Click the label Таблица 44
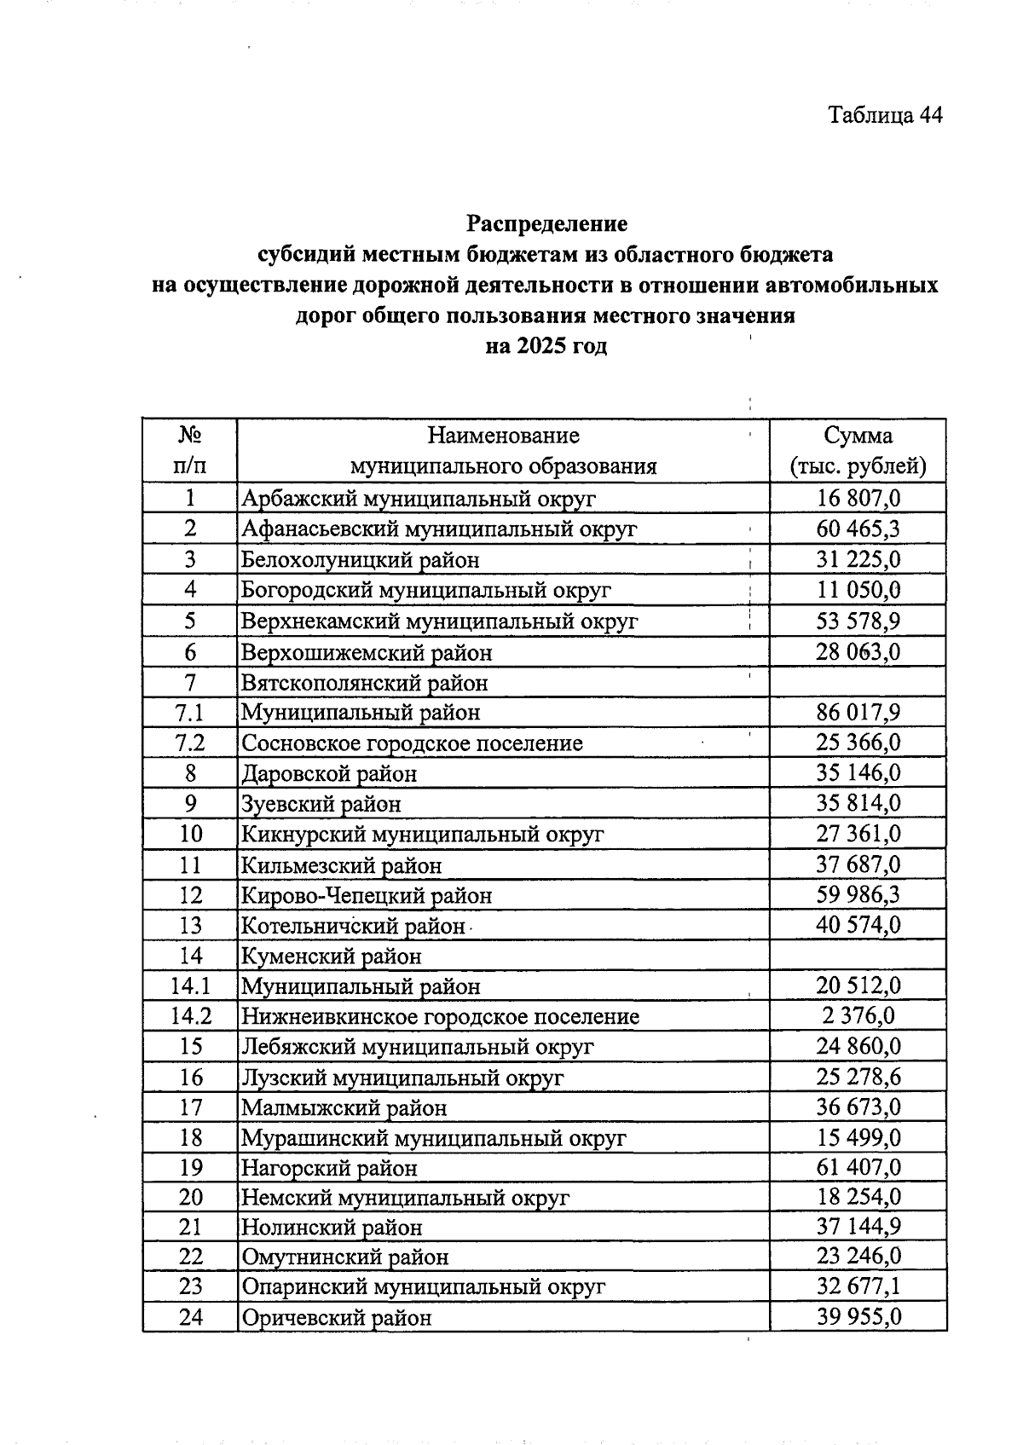tap(885, 116)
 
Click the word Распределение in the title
tap(546, 224)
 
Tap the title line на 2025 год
tap(546, 347)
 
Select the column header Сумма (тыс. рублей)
tap(858, 451)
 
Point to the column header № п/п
tap(190, 451)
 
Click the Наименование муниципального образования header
tap(503, 451)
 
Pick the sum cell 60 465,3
tap(858, 529)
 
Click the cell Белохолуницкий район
tap(361, 560)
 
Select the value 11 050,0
tap(858, 590)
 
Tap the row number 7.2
tap(190, 743)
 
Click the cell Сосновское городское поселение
tap(412, 743)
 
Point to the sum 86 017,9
tap(858, 712)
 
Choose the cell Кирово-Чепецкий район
tap(367, 896)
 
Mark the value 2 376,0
tap(858, 1016)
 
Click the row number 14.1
tap(190, 986)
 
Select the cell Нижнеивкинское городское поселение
tap(440, 1017)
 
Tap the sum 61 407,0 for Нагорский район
tap(858, 1167)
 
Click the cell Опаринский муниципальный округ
tap(423, 1287)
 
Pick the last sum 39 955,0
tap(858, 1317)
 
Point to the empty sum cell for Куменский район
tap(858, 957)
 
